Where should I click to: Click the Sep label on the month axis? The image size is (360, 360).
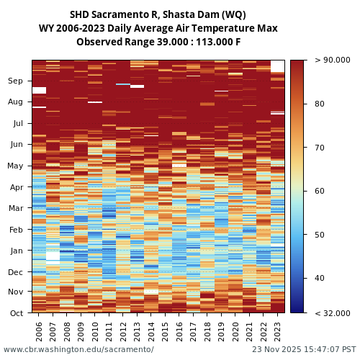pos(16,81)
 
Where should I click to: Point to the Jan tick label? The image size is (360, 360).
pos(16,251)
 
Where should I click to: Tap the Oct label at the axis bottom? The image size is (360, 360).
pos(16,313)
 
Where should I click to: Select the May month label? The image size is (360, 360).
pos(15,166)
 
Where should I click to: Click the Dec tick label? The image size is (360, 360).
pos(16,272)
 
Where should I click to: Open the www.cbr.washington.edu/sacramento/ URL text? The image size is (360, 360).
pos(78,350)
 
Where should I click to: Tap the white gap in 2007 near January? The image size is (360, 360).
pos(53,254)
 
